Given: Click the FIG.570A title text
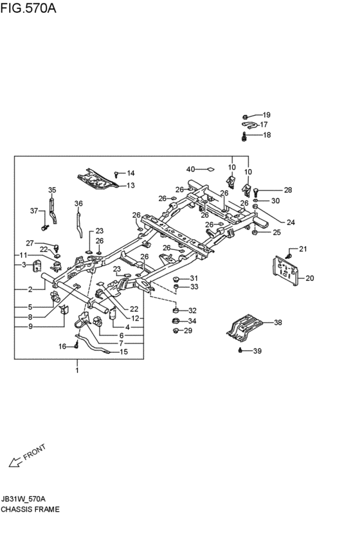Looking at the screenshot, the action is coord(28,8).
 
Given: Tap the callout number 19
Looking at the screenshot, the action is coord(267,115).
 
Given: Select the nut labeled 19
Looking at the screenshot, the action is coord(245,116).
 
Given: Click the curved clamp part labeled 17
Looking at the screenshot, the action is coord(249,125).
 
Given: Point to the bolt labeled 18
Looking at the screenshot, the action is coord(245,136).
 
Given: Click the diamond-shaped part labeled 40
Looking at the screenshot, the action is coord(210,170).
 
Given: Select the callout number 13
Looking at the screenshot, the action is coord(130,185).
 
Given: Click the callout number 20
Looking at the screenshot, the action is coord(310,278).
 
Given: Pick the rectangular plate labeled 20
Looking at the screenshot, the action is coord(286,271).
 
